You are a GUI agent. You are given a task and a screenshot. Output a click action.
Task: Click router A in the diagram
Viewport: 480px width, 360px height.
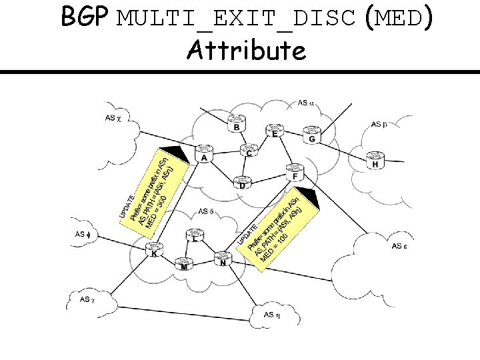coord(203,154)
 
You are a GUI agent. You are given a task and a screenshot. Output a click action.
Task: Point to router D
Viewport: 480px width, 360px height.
coord(241,181)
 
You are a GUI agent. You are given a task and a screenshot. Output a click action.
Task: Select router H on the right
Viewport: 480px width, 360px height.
coord(375,160)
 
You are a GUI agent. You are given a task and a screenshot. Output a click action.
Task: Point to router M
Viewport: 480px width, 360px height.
coord(183,264)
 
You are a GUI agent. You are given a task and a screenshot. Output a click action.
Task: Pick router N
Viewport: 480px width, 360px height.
coord(223,257)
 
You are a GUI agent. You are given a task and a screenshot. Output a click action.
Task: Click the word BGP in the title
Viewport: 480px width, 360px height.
coord(85,18)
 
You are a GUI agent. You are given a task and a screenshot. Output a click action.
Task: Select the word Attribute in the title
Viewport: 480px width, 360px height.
coord(247,49)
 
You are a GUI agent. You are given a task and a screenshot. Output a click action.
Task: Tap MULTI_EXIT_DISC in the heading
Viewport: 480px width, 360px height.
coord(237,19)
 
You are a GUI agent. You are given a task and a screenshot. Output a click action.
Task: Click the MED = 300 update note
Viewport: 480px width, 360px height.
coord(153,190)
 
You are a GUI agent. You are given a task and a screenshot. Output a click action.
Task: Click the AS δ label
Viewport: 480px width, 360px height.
coord(206,212)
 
